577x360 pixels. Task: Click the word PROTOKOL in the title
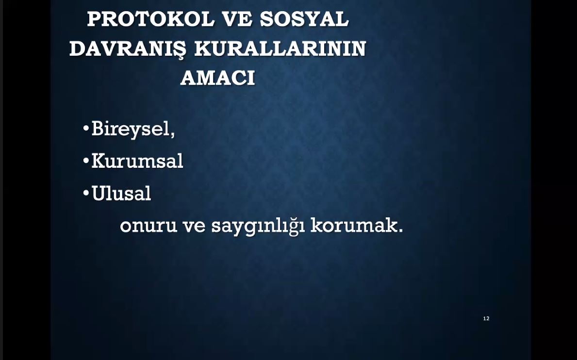(150, 19)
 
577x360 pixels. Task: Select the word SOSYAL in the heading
(304, 19)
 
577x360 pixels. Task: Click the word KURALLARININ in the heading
(280, 49)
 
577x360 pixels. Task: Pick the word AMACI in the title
(217, 78)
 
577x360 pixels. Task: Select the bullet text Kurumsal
(137, 161)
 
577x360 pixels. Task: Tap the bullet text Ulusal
(121, 193)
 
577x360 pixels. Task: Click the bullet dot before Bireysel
(86, 129)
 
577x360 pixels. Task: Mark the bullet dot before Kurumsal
(86, 161)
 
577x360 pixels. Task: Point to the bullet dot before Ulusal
(86, 193)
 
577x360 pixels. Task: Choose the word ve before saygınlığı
(194, 226)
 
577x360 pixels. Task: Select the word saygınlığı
(258, 226)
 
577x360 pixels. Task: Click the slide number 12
(486, 318)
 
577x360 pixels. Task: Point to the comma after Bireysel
(173, 135)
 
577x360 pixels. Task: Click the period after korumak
(401, 230)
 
